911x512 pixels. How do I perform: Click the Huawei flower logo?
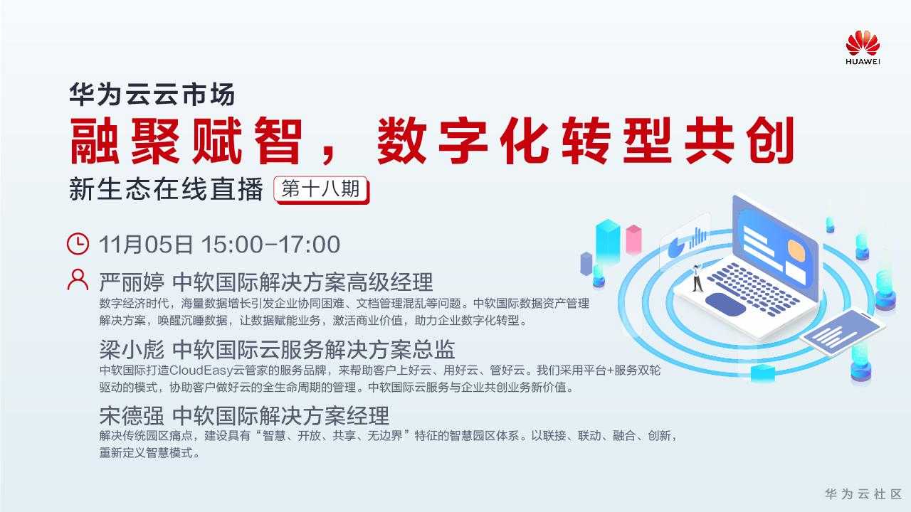[863, 43]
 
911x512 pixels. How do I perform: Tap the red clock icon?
[78, 244]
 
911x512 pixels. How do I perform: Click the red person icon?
[78, 279]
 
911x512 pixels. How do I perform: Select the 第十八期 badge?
[321, 189]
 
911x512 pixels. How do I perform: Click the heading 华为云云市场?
[152, 95]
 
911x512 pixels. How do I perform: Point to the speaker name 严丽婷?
[132, 282]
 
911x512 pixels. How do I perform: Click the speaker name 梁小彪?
[132, 349]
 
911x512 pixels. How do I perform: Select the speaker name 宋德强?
[132, 415]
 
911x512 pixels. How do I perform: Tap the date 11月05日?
[146, 244]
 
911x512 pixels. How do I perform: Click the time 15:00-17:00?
[270, 244]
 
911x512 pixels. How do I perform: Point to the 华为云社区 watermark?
[863, 494]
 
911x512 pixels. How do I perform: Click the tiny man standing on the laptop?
[697, 278]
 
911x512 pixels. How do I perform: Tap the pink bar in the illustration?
[633, 239]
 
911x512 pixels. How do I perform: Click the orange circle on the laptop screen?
[796, 250]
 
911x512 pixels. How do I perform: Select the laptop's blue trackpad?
[725, 304]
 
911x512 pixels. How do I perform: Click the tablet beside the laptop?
[843, 332]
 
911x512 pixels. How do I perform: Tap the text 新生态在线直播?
[166, 189]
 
